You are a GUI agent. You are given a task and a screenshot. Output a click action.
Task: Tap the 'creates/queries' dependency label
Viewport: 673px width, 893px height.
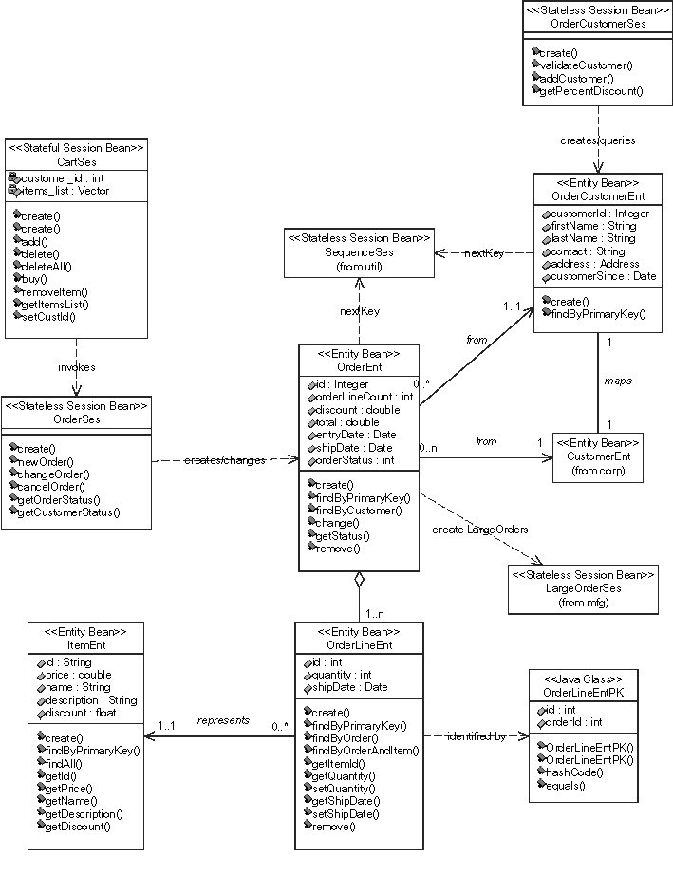coord(597,140)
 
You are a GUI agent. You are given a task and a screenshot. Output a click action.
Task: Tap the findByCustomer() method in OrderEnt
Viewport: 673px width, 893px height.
coord(359,511)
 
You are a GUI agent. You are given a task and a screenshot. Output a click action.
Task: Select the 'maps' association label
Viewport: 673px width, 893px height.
coord(618,381)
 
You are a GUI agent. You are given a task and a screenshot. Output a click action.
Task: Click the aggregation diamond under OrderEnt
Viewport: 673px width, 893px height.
coord(359,579)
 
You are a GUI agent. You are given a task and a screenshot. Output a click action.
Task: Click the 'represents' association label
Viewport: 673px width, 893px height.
coord(223,720)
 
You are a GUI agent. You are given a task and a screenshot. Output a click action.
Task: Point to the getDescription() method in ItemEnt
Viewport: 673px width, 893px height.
coord(84,813)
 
